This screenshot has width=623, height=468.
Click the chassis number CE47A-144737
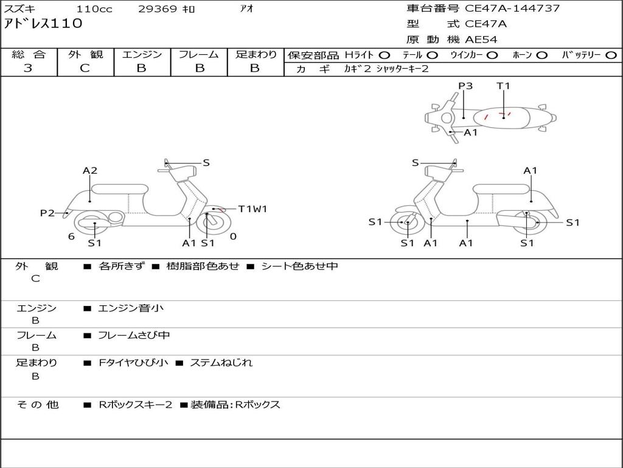(512, 9)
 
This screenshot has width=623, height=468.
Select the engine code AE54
(481, 40)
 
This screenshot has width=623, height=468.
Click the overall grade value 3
(28, 68)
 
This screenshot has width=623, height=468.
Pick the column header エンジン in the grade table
(142, 54)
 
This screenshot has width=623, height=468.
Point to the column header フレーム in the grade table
(198, 54)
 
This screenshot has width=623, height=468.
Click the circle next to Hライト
(385, 55)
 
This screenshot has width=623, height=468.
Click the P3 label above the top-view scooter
(465, 86)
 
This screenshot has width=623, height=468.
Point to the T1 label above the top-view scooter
(503, 86)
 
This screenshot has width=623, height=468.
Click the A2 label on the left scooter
(90, 171)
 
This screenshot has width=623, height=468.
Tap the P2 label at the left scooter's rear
(47, 213)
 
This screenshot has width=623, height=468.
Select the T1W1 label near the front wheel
(252, 209)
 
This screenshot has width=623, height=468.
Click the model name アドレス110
(43, 24)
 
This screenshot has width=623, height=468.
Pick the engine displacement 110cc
(94, 9)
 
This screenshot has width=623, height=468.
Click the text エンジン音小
(131, 308)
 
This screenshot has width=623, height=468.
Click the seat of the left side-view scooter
(119, 188)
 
